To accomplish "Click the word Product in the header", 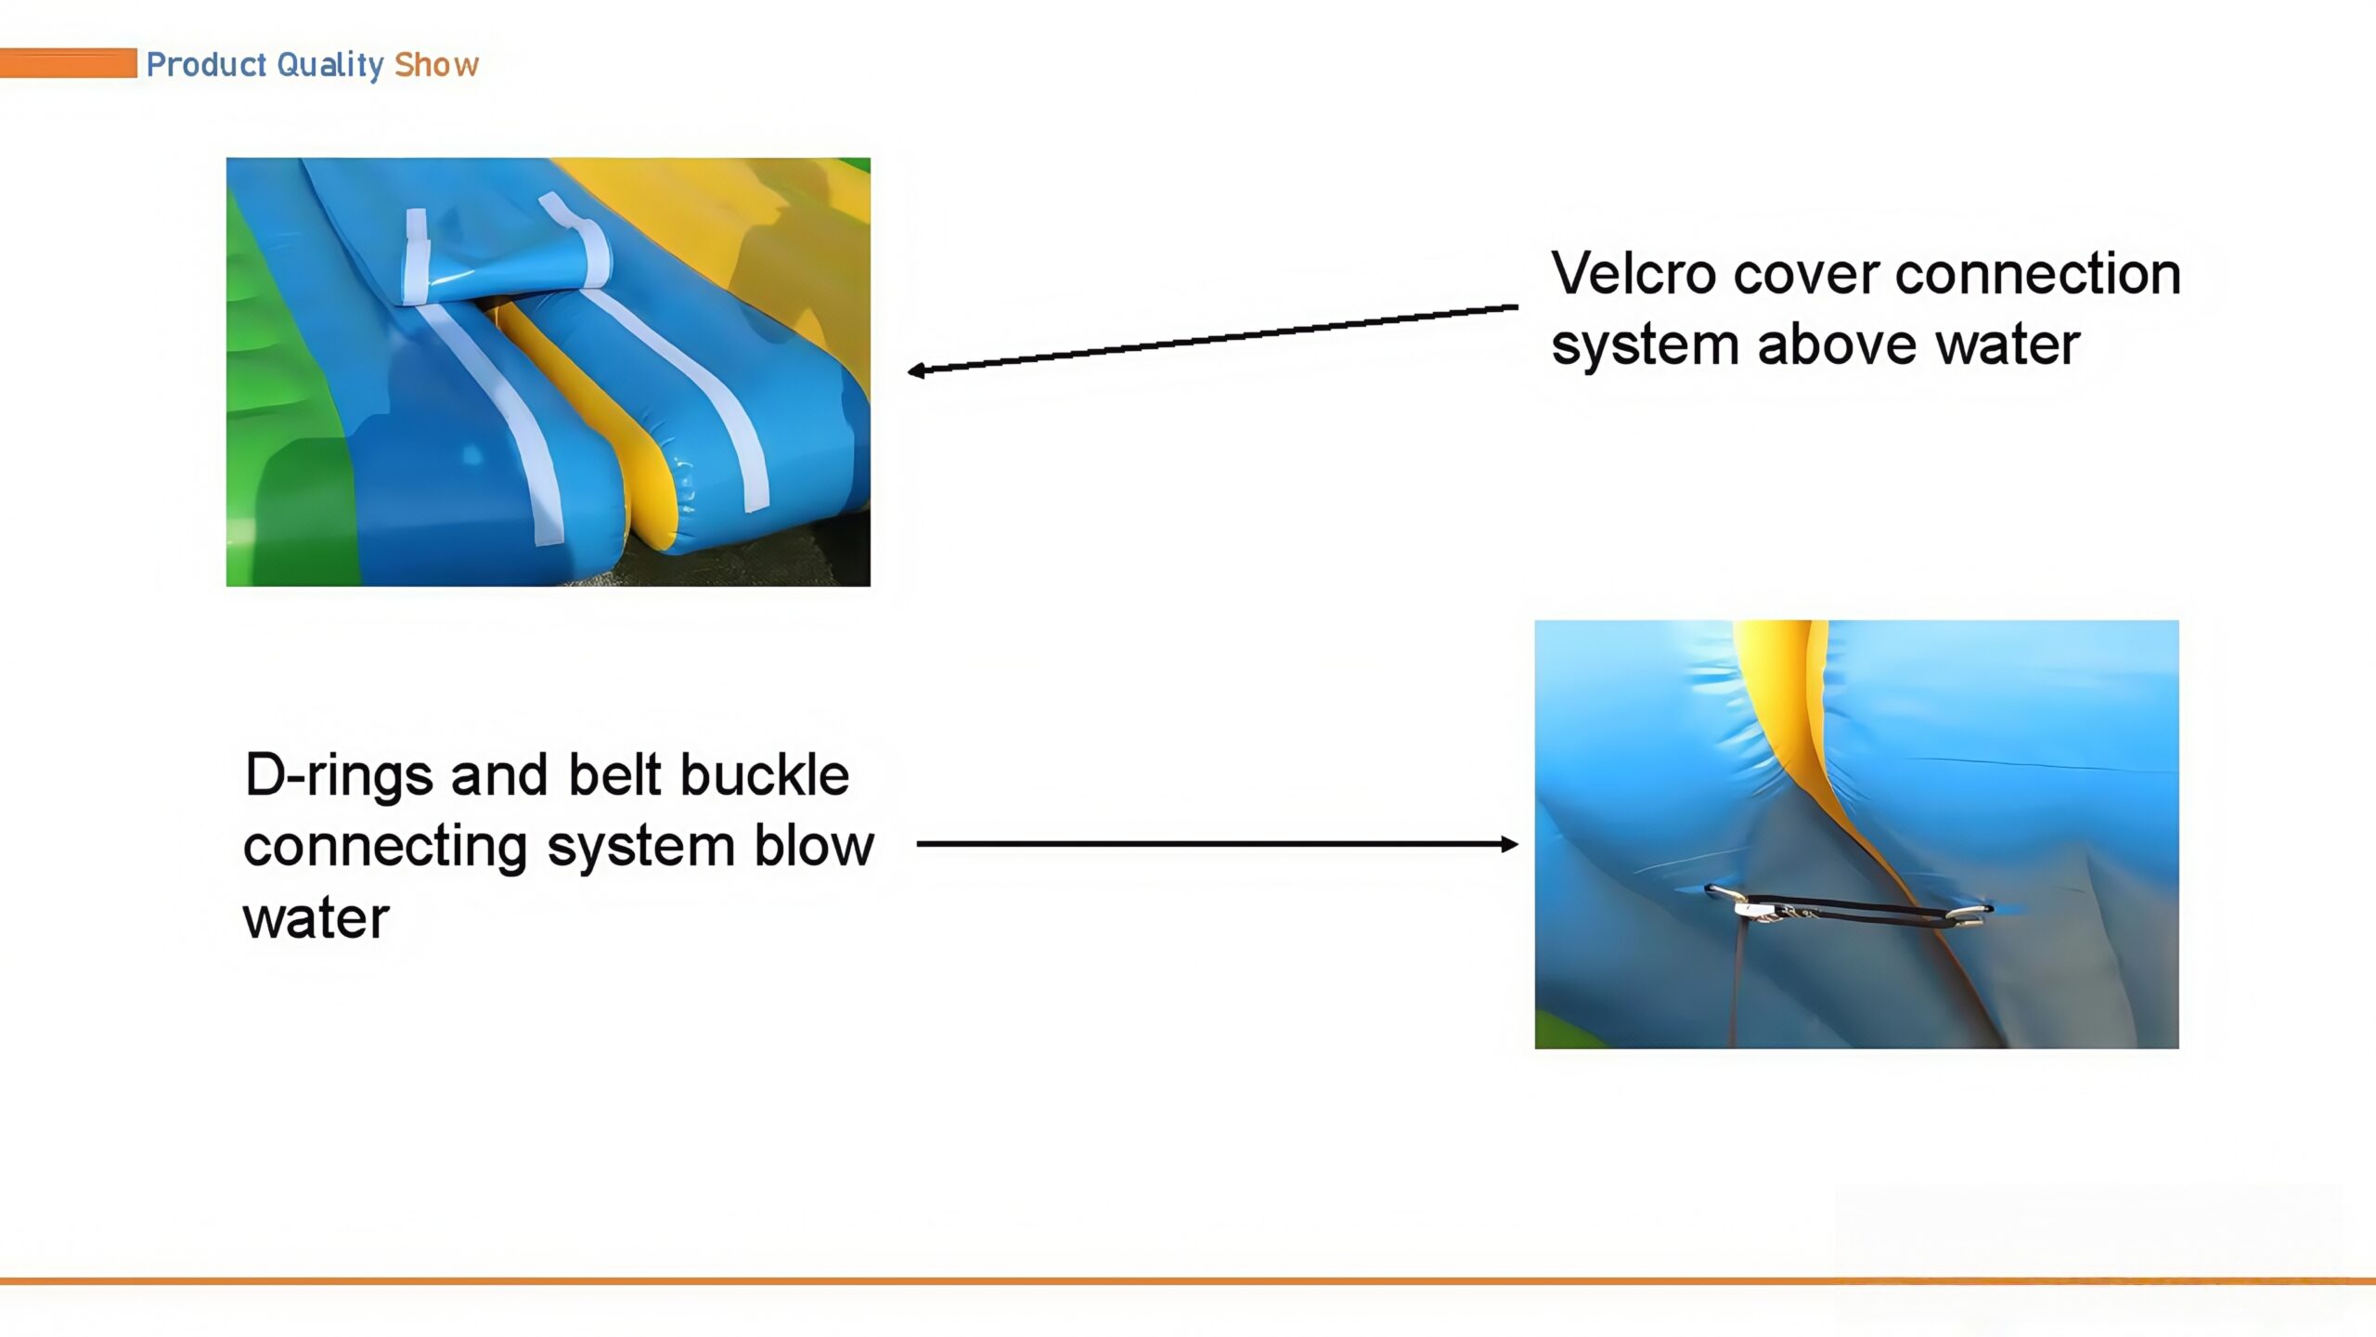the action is point(207,64).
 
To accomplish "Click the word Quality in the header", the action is point(330,65).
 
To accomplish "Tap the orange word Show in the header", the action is point(436,64).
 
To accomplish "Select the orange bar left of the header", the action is point(68,63).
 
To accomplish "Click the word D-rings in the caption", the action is point(339,776).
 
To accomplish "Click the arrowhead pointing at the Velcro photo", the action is point(917,370).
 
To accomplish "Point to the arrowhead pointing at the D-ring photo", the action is point(1508,844).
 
